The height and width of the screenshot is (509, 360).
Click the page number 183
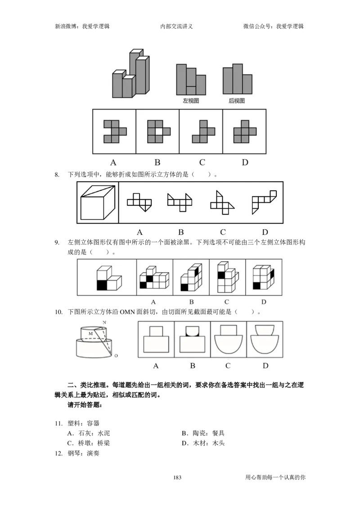[x=177, y=477]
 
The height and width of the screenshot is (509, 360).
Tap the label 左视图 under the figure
[x=191, y=101]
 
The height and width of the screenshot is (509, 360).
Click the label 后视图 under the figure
[x=237, y=101]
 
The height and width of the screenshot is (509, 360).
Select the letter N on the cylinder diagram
[x=104, y=322]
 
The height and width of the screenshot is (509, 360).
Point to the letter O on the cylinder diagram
[x=116, y=356]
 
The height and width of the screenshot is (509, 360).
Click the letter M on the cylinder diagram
[x=90, y=333]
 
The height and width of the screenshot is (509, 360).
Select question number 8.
[x=57, y=175]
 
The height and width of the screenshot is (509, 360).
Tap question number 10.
[x=58, y=312]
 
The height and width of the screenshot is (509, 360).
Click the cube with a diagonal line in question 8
[x=98, y=203]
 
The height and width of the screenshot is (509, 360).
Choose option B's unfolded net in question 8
[x=180, y=202]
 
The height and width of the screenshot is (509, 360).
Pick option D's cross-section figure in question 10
[x=265, y=339]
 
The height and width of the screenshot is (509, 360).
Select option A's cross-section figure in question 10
[x=156, y=339]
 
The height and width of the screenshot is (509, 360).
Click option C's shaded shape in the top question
[x=203, y=131]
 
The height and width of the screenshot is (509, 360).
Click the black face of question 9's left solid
[x=102, y=285]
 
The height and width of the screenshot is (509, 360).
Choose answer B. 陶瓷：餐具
[x=203, y=433]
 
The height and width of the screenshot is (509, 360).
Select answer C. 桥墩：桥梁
[x=89, y=443]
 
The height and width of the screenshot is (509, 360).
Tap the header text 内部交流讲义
[x=176, y=26]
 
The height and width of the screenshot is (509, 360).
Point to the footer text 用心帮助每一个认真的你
[x=275, y=477]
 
